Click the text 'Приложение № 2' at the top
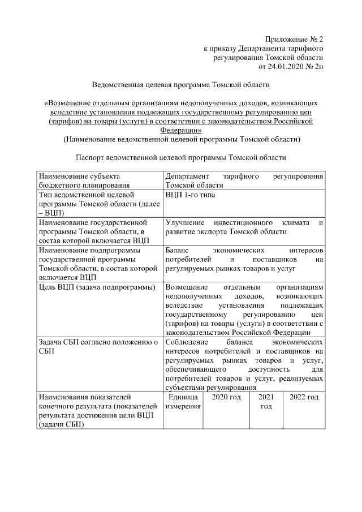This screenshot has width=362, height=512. (292, 39)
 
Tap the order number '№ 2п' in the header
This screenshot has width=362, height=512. (315, 67)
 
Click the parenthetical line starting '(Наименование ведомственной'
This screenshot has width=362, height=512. (181, 139)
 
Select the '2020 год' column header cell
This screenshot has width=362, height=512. (226, 398)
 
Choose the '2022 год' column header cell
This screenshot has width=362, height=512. (304, 398)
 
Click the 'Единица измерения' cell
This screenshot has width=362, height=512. (183, 402)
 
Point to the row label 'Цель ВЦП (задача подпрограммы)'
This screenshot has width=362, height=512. (97, 287)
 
